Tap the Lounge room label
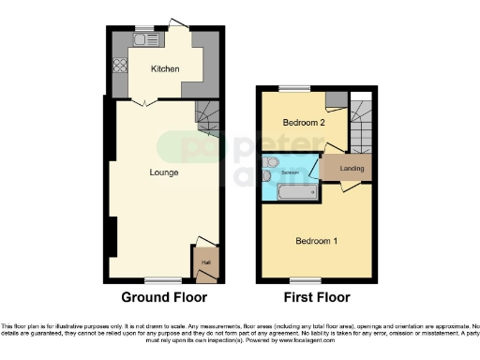[163, 172]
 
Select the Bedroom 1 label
[316, 241]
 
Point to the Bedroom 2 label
[303, 122]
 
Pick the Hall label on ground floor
[206, 262]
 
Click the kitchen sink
[142, 40]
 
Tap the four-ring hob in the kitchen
[120, 66]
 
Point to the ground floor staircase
[208, 118]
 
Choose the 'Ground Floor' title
[163, 297]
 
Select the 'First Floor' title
[315, 297]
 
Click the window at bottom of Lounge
[162, 280]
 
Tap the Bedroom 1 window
[300, 280]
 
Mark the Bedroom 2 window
[298, 89]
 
